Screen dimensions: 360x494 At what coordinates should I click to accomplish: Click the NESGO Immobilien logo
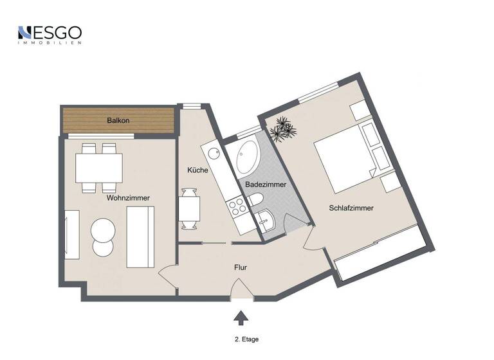50,34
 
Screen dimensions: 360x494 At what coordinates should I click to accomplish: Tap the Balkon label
118,121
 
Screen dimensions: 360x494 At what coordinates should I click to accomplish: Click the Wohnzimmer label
128,199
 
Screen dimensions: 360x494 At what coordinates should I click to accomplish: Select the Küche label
196,170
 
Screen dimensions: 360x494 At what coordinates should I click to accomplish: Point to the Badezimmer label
266,184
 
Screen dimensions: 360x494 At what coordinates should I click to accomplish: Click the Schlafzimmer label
351,208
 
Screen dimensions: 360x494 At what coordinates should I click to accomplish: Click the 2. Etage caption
247,339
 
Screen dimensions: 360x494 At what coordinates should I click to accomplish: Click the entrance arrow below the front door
241,318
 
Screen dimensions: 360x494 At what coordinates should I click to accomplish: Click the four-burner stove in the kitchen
236,207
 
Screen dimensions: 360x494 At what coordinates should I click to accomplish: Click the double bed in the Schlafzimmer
344,161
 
